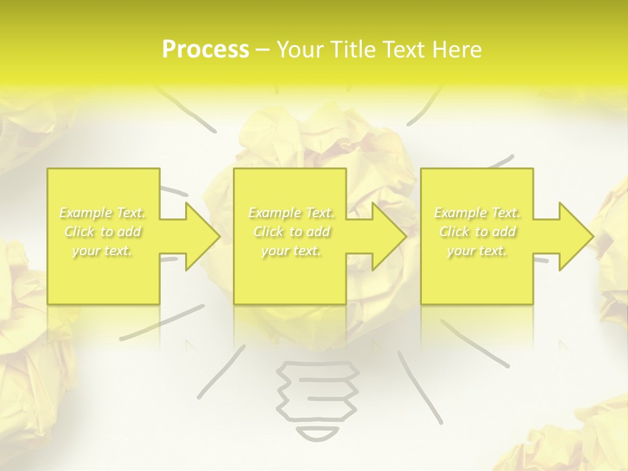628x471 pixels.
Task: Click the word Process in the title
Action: [x=205, y=50]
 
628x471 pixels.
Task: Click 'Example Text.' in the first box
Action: [x=103, y=213]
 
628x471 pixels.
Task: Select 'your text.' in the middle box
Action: [x=291, y=251]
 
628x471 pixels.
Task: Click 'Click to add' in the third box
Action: [x=478, y=232]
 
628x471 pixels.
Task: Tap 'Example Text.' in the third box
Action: [x=478, y=213]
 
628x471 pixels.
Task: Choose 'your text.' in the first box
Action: [x=103, y=251]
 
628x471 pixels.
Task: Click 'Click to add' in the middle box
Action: [x=291, y=232]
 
